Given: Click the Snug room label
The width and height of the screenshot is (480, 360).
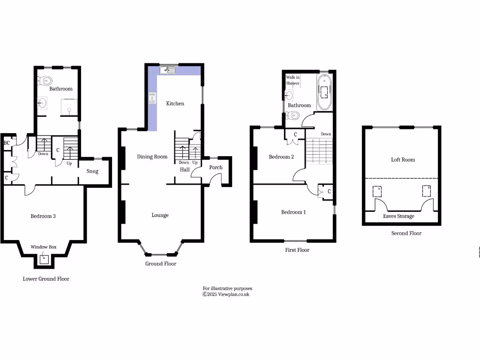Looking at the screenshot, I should click(92, 171).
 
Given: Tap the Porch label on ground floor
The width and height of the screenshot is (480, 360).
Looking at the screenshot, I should click(216, 167).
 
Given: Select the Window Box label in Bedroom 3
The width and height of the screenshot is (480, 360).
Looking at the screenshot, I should click(44, 247).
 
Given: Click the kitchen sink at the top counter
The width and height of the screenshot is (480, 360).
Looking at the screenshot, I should click(167, 70).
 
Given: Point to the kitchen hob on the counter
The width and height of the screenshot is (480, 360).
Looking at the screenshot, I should click(152, 98).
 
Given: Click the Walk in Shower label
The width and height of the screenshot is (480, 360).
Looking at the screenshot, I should click(293, 80).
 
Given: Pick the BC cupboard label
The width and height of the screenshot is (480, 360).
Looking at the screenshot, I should click(7, 143).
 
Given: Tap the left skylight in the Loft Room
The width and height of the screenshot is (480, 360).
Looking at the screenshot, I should click(376, 191).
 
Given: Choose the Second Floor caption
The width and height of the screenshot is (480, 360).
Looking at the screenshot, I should click(406, 233).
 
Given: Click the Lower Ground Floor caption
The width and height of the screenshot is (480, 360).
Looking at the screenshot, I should click(46, 278).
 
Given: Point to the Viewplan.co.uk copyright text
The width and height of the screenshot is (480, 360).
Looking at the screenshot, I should click(226, 294).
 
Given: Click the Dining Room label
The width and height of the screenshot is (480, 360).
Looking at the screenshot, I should click(152, 157).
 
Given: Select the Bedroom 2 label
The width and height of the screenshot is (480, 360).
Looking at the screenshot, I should click(281, 157).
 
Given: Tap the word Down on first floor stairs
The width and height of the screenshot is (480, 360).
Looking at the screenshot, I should click(326, 134).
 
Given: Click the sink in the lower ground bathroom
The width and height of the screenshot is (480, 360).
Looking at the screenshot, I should click(44, 103).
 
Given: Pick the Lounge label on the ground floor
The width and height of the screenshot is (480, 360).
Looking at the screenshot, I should click(160, 215).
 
